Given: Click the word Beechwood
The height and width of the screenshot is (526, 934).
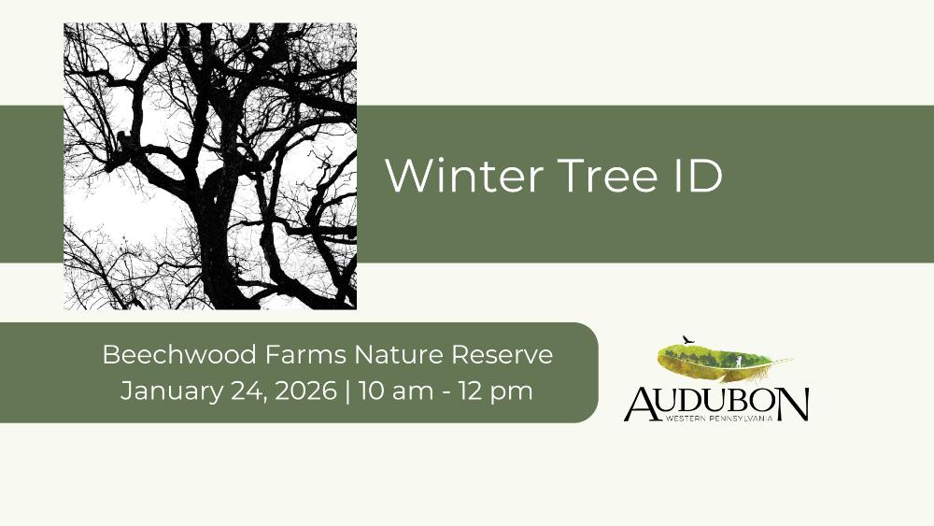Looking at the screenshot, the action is pos(179,354).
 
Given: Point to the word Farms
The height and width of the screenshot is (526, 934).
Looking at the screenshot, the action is pos(305,354).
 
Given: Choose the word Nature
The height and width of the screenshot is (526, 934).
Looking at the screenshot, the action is pos(399,354).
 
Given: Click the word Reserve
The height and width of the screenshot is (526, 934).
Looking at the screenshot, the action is pos(502,354).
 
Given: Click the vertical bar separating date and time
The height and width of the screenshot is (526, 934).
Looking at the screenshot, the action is pos(347,391).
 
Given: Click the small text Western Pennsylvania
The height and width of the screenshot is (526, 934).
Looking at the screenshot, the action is pos(719,419).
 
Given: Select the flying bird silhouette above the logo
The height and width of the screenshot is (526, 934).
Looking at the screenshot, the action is pos(688,340).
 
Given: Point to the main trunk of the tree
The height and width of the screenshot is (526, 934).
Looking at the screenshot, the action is pos(218,238).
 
